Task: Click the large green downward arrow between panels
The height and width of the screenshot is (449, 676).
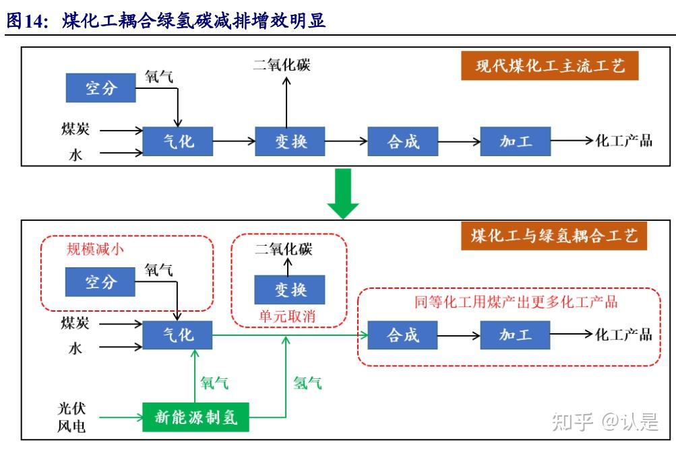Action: pyautogui.click(x=344, y=193)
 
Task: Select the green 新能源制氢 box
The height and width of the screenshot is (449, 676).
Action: pyautogui.click(x=195, y=417)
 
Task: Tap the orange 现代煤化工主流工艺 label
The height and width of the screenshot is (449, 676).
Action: pyautogui.click(x=549, y=67)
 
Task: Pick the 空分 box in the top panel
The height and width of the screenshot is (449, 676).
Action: pyautogui.click(x=100, y=88)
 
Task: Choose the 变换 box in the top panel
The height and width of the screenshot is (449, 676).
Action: pyautogui.click(x=290, y=141)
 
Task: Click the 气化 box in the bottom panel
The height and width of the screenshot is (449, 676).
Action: pyautogui.click(x=178, y=335)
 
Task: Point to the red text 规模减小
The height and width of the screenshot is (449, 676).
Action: pyautogui.click(x=95, y=248)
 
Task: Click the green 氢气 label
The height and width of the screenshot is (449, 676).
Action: pyautogui.click(x=307, y=383)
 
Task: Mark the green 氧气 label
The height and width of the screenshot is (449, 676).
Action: pyautogui.click(x=214, y=383)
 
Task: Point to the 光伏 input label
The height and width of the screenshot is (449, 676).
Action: pyautogui.click(x=72, y=409)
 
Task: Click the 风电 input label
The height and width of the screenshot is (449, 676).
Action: pyautogui.click(x=72, y=426)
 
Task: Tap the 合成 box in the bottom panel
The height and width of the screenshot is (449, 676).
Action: pyautogui.click(x=402, y=335)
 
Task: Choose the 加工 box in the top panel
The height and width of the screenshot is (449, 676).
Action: pyautogui.click(x=515, y=141)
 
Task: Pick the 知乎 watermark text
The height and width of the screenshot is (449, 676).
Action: pyautogui.click(x=572, y=422)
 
